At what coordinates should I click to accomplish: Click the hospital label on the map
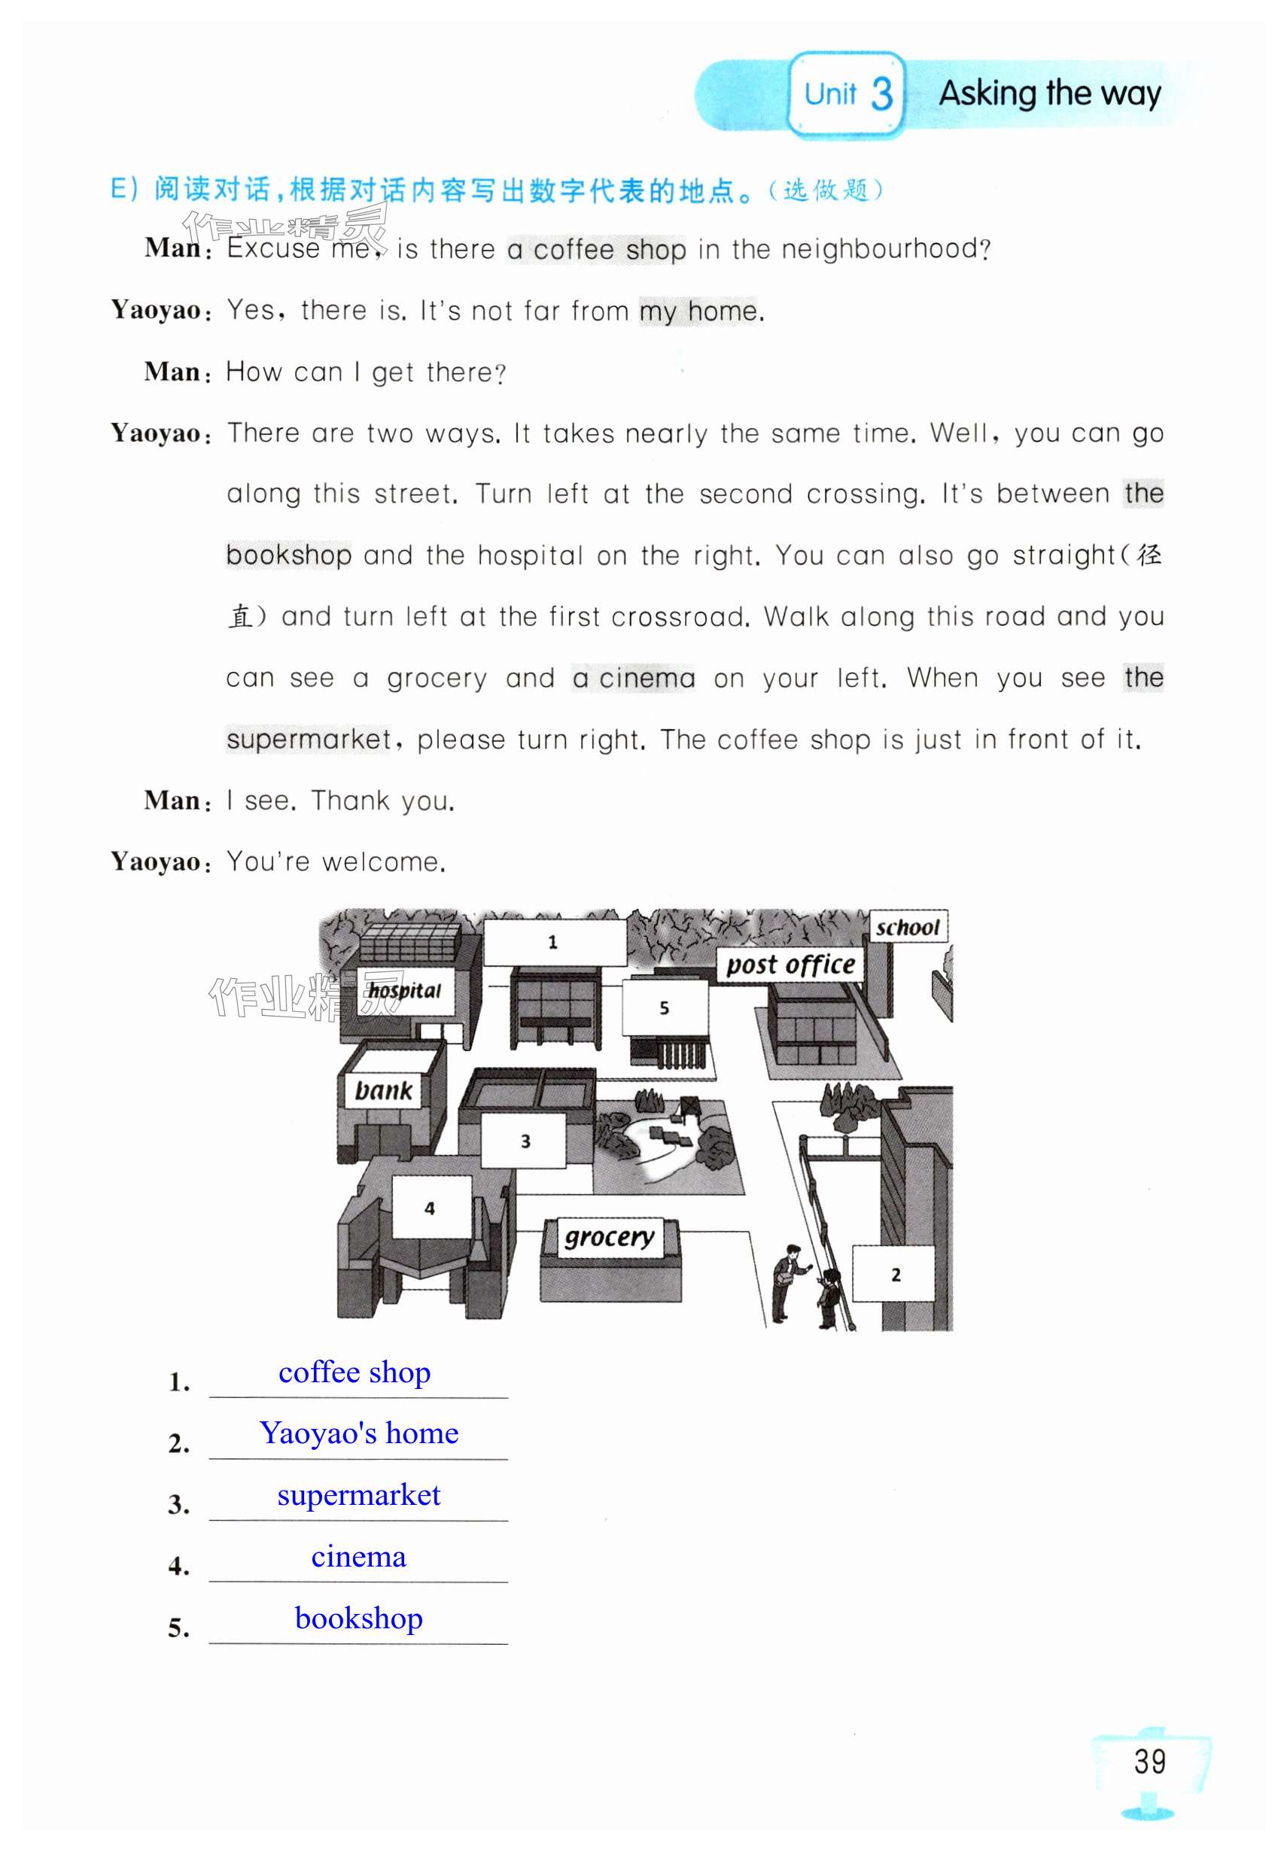point(404,990)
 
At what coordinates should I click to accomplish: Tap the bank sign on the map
point(383,1091)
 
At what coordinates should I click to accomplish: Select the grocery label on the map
point(609,1237)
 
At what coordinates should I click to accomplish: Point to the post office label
point(790,964)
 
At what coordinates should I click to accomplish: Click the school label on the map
point(907,927)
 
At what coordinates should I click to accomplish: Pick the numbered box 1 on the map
point(554,941)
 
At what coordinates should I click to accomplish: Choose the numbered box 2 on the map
point(894,1274)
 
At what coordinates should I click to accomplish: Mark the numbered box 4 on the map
point(431,1208)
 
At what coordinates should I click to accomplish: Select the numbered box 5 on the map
point(665,1008)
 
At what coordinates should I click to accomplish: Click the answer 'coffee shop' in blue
point(354,1372)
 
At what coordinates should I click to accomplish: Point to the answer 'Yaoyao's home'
point(359,1433)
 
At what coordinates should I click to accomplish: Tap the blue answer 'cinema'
point(359,1556)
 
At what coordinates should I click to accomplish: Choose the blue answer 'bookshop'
point(359,1618)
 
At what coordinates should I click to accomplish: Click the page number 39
point(1149,1761)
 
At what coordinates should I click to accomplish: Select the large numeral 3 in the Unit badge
point(881,94)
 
